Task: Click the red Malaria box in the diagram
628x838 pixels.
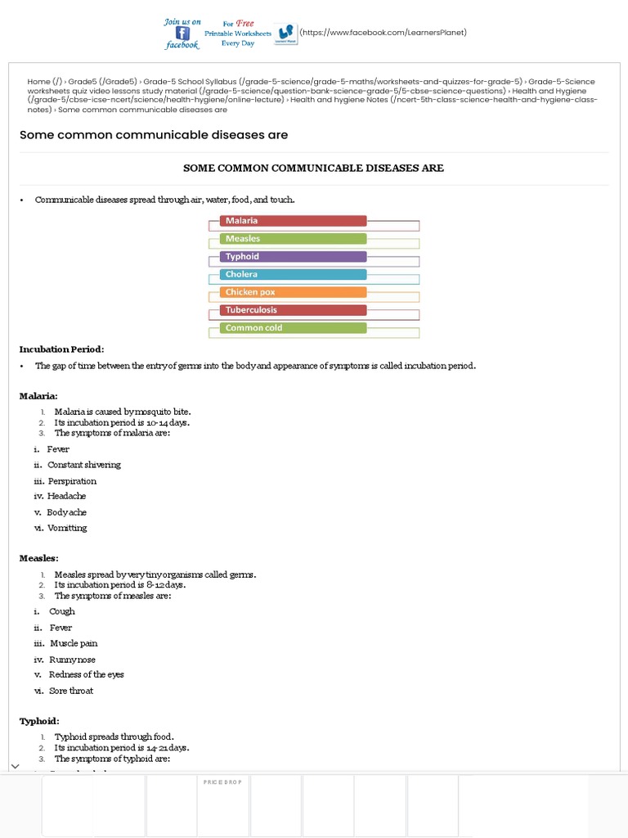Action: [x=293, y=221]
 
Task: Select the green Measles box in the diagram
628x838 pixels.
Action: [x=293, y=239]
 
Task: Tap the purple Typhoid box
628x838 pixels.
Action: [x=293, y=257]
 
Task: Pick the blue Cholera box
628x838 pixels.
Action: [x=293, y=275]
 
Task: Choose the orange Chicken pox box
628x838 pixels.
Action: [x=293, y=292]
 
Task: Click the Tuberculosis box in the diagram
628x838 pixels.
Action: [x=293, y=310]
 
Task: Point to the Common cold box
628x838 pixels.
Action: [x=293, y=328]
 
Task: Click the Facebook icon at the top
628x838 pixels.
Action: [x=182, y=34]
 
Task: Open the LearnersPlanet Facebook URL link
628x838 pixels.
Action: [x=383, y=33]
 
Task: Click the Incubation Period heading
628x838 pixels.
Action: [x=62, y=349]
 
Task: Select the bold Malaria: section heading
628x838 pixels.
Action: [x=38, y=396]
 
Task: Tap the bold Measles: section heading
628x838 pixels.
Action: [x=39, y=558]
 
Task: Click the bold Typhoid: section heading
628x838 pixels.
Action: [x=39, y=721]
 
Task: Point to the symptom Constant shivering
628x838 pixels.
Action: [x=83, y=465]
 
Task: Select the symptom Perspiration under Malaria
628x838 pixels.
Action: [x=72, y=481]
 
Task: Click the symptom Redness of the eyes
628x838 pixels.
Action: [x=86, y=675]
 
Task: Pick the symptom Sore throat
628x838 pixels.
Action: [x=71, y=691]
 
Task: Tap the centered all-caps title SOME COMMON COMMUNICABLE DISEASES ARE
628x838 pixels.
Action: [x=313, y=168]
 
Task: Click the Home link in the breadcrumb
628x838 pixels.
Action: [x=38, y=82]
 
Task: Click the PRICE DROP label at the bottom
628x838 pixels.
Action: [x=222, y=782]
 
